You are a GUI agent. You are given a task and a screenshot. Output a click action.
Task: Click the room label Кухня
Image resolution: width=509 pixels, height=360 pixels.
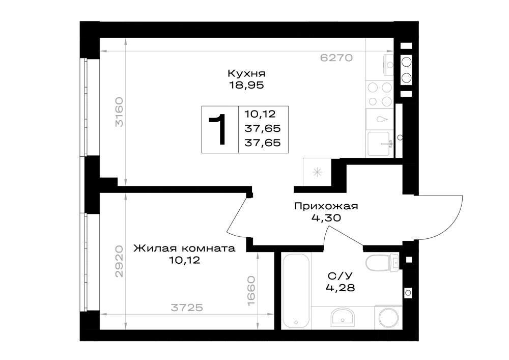click(x=246, y=73)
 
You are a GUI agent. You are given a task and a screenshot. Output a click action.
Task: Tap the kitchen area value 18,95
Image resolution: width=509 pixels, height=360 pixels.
click(x=246, y=85)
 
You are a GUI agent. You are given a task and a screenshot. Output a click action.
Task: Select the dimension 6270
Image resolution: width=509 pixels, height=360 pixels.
click(x=336, y=58)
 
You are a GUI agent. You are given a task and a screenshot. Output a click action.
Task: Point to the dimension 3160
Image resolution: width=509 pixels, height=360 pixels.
click(x=119, y=112)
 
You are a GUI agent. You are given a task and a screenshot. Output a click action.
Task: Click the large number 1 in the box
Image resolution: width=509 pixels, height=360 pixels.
click(x=218, y=129)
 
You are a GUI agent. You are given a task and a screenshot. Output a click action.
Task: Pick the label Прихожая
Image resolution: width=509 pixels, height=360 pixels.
click(x=326, y=206)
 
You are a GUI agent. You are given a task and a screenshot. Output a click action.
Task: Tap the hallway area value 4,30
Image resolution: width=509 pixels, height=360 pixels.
click(x=326, y=218)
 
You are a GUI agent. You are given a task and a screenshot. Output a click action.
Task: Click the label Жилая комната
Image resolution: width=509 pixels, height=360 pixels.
click(x=184, y=248)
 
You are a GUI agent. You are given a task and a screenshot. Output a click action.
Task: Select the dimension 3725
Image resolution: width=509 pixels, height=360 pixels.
click(x=187, y=307)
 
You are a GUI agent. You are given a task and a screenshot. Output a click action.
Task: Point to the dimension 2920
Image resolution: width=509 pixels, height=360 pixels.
click(x=119, y=261)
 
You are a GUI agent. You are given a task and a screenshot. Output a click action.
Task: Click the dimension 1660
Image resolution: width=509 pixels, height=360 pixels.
click(x=251, y=291)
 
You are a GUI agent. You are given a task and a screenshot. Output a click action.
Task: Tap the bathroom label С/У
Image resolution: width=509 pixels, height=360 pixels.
click(x=340, y=276)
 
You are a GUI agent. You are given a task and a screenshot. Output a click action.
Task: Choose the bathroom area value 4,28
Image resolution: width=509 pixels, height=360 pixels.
click(x=340, y=288)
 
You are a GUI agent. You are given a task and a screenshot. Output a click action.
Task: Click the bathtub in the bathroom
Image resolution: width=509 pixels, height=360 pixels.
click(x=295, y=291)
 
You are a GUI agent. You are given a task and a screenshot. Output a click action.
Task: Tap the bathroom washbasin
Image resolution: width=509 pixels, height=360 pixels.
click(x=343, y=317)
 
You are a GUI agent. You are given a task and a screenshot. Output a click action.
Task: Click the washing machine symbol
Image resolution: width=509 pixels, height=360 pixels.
click(x=388, y=317)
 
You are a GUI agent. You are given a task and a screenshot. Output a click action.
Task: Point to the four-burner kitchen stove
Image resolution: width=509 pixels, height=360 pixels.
click(x=380, y=95)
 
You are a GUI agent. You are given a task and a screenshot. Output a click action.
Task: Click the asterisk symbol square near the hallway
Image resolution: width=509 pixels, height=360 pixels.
click(x=317, y=172)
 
